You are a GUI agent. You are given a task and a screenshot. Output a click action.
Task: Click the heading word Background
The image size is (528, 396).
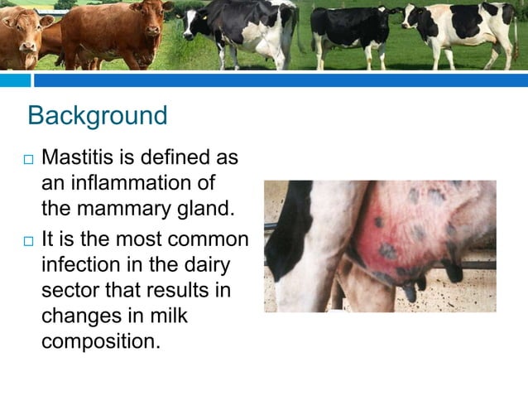point(97,115)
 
